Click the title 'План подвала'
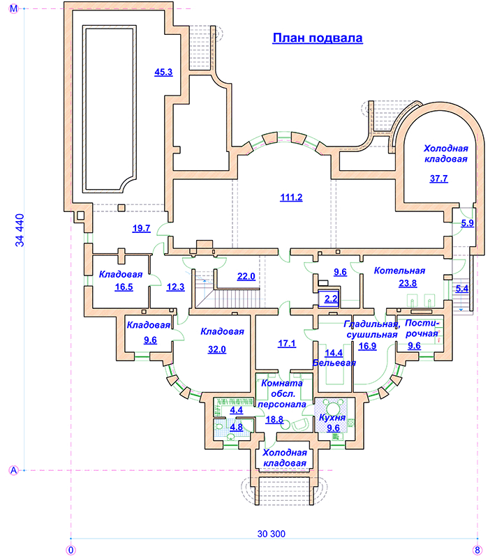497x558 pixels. (x=317, y=38)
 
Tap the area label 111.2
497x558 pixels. (x=290, y=197)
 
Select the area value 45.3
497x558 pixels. (x=163, y=71)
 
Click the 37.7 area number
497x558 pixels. (x=438, y=179)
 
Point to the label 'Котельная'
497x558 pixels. (x=399, y=271)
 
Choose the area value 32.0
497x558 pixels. (x=217, y=350)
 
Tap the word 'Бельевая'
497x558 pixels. (x=334, y=363)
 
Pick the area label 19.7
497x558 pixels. (x=142, y=228)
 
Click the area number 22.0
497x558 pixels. (x=246, y=276)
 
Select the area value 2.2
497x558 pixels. (x=331, y=299)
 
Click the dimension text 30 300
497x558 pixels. (x=272, y=534)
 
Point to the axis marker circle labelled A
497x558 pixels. (x=13, y=470)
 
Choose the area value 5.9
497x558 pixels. (x=467, y=223)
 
